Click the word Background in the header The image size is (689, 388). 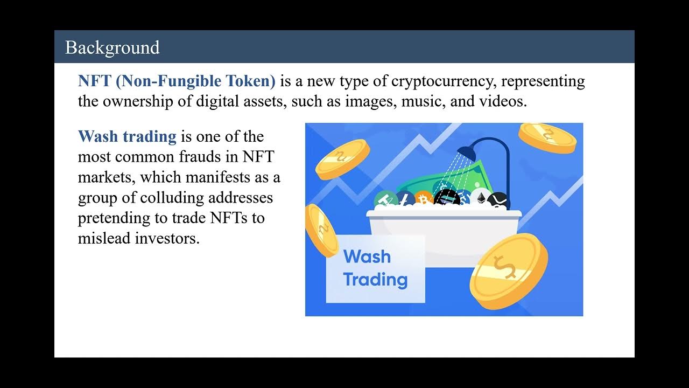point(112,47)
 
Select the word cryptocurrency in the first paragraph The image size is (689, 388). point(434,81)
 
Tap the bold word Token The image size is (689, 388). point(250,81)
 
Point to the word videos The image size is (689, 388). point(501,101)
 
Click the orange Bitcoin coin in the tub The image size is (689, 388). point(423,199)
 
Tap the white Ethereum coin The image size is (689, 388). point(480,197)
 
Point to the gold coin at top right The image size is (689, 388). point(547,137)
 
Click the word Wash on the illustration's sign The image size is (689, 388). point(367,257)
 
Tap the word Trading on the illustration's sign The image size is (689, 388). point(375,280)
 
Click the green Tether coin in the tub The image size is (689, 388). point(385,200)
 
